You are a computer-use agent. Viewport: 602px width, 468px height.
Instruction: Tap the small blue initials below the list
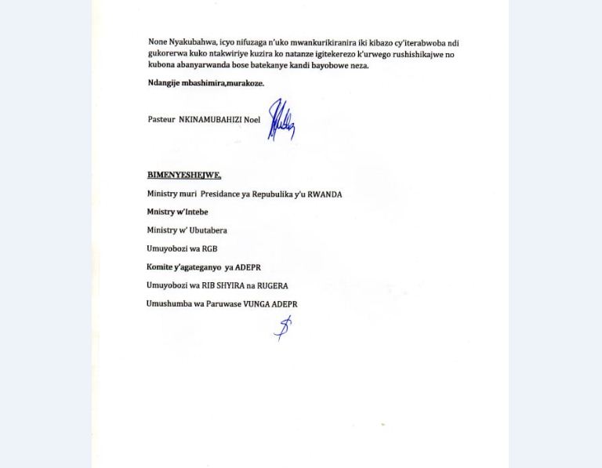pos(283,327)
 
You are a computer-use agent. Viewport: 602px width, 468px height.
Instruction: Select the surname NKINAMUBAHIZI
pos(210,120)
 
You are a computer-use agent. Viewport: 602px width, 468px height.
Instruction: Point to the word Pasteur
pos(161,120)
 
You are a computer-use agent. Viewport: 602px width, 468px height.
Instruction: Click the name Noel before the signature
pos(252,120)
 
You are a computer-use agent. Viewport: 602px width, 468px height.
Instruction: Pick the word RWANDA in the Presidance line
pos(325,194)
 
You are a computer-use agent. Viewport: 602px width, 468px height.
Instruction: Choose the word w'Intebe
pos(192,212)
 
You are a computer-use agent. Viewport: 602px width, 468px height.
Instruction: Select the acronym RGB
pos(209,249)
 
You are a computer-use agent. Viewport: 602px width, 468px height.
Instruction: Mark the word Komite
pos(159,267)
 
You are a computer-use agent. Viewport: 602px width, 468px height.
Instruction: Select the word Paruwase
pos(221,304)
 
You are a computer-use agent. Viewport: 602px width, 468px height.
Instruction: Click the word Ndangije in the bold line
pos(163,83)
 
